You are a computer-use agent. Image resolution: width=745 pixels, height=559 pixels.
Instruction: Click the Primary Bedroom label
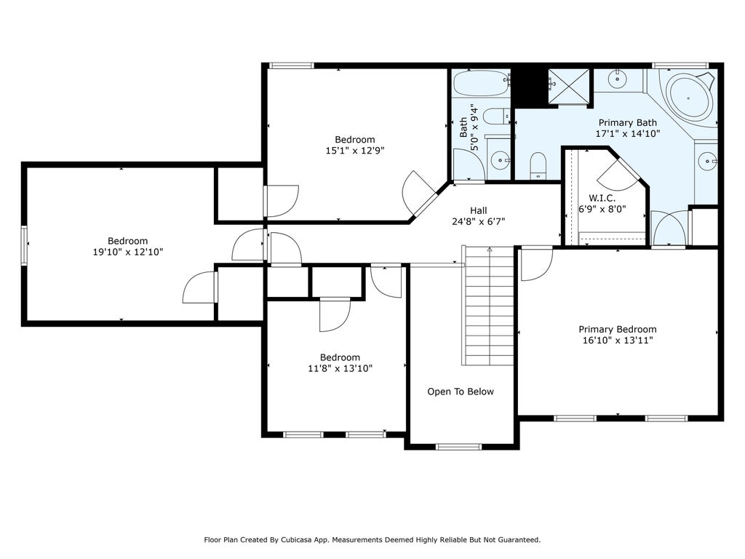[617, 329]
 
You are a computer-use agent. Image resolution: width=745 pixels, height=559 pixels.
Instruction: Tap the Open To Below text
[461, 391]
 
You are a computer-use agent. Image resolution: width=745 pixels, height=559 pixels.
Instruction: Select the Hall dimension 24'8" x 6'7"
[478, 221]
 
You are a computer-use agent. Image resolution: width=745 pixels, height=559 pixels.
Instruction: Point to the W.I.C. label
[602, 198]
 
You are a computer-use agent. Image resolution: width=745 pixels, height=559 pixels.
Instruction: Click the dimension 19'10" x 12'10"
[128, 252]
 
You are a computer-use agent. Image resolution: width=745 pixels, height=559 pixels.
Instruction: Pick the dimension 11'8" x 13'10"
[340, 368]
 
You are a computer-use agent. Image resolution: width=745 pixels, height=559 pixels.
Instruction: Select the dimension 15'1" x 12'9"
[355, 151]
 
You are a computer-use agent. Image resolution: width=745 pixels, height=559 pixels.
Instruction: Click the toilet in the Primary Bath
[538, 165]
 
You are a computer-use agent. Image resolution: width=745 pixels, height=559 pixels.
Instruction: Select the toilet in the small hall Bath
[495, 116]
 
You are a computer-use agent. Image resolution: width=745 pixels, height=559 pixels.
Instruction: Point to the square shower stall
[568, 86]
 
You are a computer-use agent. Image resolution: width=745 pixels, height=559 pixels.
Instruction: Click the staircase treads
[489, 306]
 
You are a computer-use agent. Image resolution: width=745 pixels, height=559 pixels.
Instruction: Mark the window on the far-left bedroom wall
[24, 245]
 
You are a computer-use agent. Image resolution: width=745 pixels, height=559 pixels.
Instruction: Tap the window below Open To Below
[459, 447]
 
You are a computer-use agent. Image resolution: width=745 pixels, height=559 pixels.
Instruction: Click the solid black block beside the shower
[528, 87]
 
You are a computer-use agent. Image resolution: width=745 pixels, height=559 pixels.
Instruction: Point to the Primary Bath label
[628, 122]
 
